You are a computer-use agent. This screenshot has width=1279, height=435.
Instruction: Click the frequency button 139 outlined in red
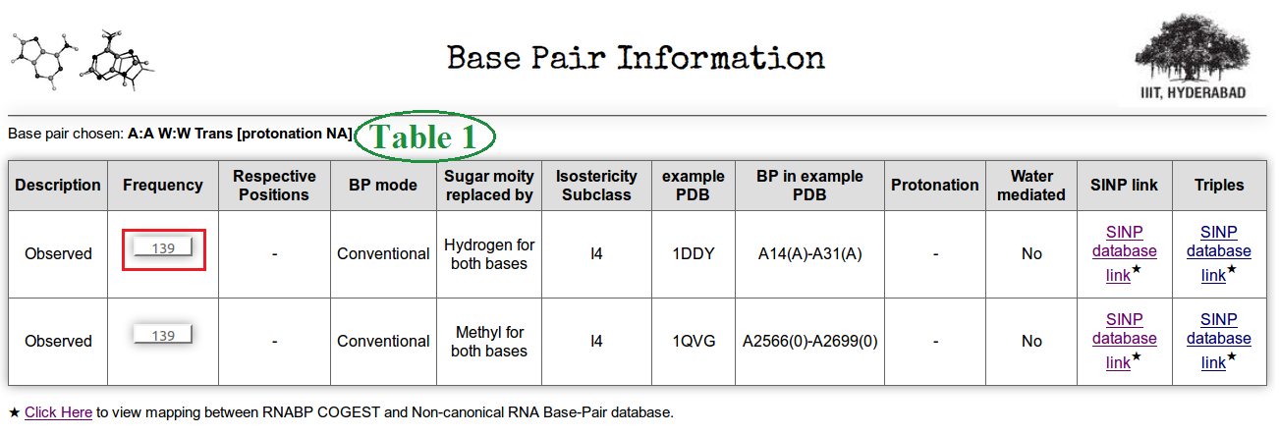pyautogui.click(x=163, y=248)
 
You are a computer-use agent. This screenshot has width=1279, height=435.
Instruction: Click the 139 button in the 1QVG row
pyautogui.click(x=163, y=335)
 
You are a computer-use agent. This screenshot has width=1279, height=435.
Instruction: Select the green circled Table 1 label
pyautogui.click(x=424, y=136)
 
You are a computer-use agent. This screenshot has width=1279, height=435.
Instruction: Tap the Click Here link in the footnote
pyautogui.click(x=58, y=412)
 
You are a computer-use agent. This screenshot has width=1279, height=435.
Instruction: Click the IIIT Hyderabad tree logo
pyautogui.click(x=1193, y=57)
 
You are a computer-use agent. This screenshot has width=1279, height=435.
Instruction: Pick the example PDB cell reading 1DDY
pyautogui.click(x=694, y=253)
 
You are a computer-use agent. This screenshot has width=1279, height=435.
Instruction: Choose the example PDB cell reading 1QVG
pyautogui.click(x=694, y=341)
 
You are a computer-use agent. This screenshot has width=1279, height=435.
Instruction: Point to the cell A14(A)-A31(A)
pyautogui.click(x=809, y=253)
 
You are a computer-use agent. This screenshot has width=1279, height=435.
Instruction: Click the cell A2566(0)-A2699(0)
pyautogui.click(x=809, y=341)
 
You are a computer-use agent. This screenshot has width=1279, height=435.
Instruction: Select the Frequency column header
pyautogui.click(x=163, y=185)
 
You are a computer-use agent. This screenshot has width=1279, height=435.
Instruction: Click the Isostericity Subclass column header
pyautogui.click(x=596, y=185)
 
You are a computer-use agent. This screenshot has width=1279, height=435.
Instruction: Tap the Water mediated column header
pyautogui.click(x=1031, y=185)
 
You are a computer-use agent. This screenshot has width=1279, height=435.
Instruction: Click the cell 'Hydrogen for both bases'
pyautogui.click(x=489, y=253)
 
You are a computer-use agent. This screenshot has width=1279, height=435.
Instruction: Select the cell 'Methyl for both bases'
pyautogui.click(x=489, y=341)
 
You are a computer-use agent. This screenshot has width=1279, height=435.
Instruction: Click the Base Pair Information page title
pyautogui.click(x=636, y=58)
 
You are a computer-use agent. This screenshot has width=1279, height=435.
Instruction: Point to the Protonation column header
pyautogui.click(x=935, y=185)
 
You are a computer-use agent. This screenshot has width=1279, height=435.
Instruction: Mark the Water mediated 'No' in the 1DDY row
pyautogui.click(x=1031, y=253)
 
